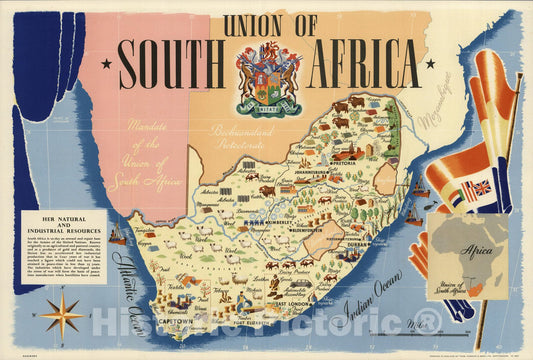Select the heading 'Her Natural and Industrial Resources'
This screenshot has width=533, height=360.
(x=75, y=224)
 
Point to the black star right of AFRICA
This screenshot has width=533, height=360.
(x=430, y=64)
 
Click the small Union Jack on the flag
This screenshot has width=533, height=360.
(x=479, y=187)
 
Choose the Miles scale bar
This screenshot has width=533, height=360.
(x=420, y=331)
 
